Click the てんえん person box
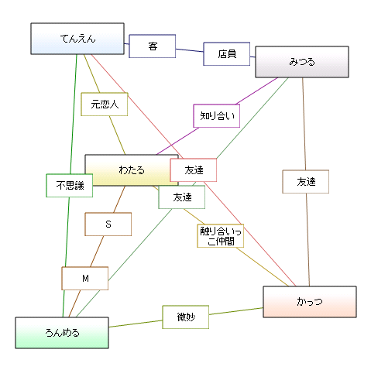(x=77, y=39)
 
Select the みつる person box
(x=302, y=62)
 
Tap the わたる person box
(x=132, y=170)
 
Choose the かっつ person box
(x=310, y=302)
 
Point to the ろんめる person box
(x=62, y=333)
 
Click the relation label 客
(x=153, y=46)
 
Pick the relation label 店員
(x=227, y=54)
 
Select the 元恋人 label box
(x=105, y=104)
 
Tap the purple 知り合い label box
(x=217, y=116)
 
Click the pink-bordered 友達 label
(x=194, y=170)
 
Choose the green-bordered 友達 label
(x=182, y=197)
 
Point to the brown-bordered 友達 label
(x=306, y=182)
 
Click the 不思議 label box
(x=70, y=186)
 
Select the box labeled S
(x=108, y=224)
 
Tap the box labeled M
(x=85, y=279)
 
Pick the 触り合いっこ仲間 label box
(x=221, y=236)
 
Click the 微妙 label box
(x=186, y=317)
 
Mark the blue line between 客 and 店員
(x=190, y=50)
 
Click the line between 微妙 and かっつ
(x=236, y=311)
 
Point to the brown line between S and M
(x=97, y=252)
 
